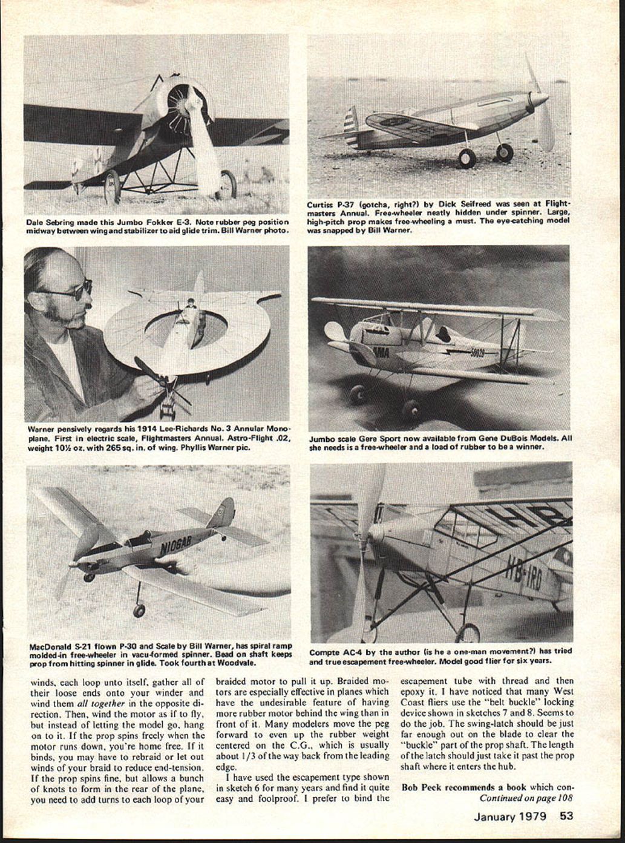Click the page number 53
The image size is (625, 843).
click(566, 816)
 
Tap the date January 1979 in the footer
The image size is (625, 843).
click(509, 816)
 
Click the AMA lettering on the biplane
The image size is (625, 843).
click(381, 351)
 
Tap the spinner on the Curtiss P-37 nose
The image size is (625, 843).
click(538, 99)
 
